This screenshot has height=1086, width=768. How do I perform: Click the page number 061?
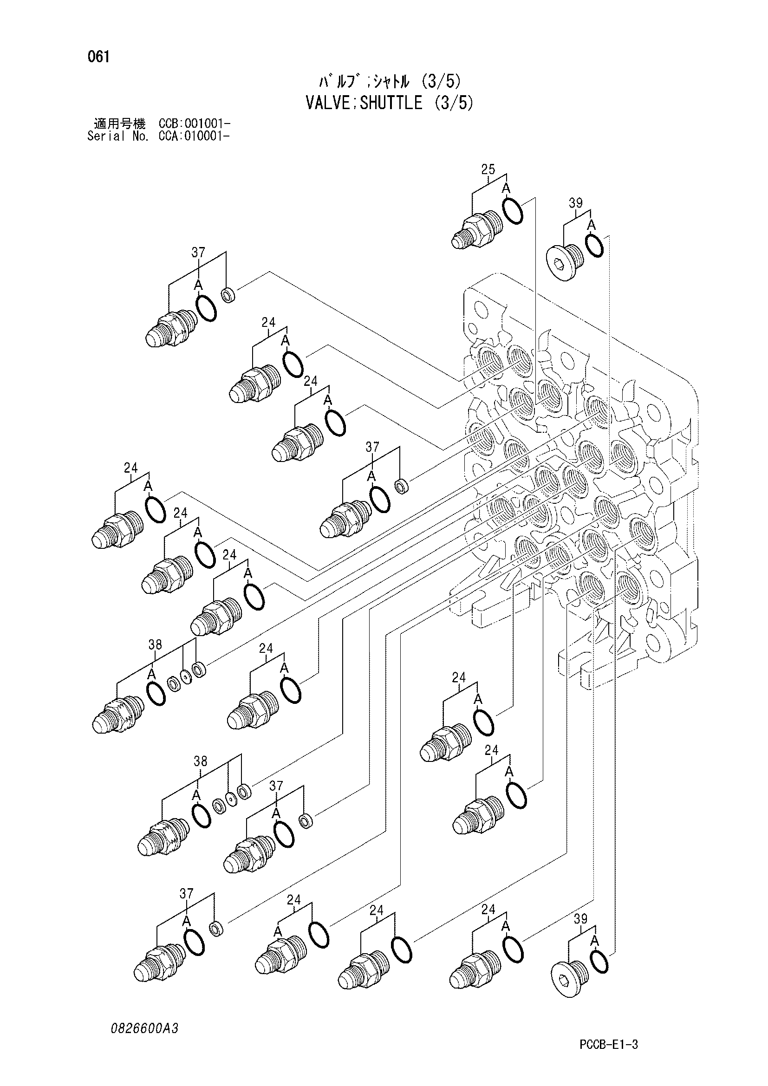click(98, 57)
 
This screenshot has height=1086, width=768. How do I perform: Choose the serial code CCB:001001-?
click(195, 124)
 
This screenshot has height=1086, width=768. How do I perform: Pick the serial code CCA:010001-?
click(195, 137)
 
